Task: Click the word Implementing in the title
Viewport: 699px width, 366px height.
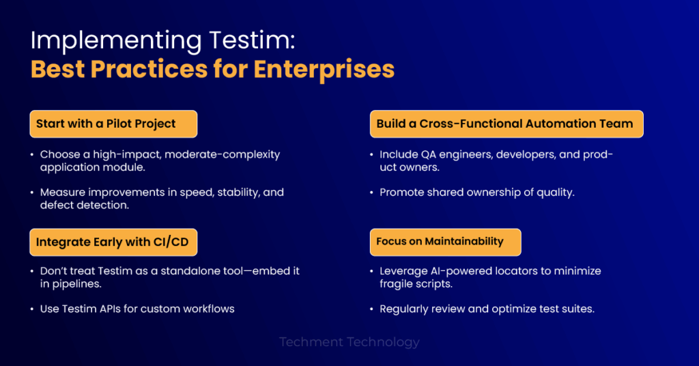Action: pos(116,41)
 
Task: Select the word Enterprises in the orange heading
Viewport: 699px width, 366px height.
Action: pos(324,69)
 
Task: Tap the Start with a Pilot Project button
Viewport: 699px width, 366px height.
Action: pos(113,124)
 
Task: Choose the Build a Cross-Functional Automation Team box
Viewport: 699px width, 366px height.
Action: pos(507,124)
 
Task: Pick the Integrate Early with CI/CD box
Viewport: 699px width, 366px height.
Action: pos(113,242)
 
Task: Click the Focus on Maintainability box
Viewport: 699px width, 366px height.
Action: pos(445,242)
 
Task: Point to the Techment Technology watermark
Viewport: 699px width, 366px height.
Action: pos(349,342)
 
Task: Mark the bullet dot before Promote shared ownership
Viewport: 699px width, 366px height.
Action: pos(372,193)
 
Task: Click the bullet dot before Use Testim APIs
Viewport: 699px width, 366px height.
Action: pos(32,309)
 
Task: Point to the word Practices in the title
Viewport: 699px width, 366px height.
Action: pos(149,69)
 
